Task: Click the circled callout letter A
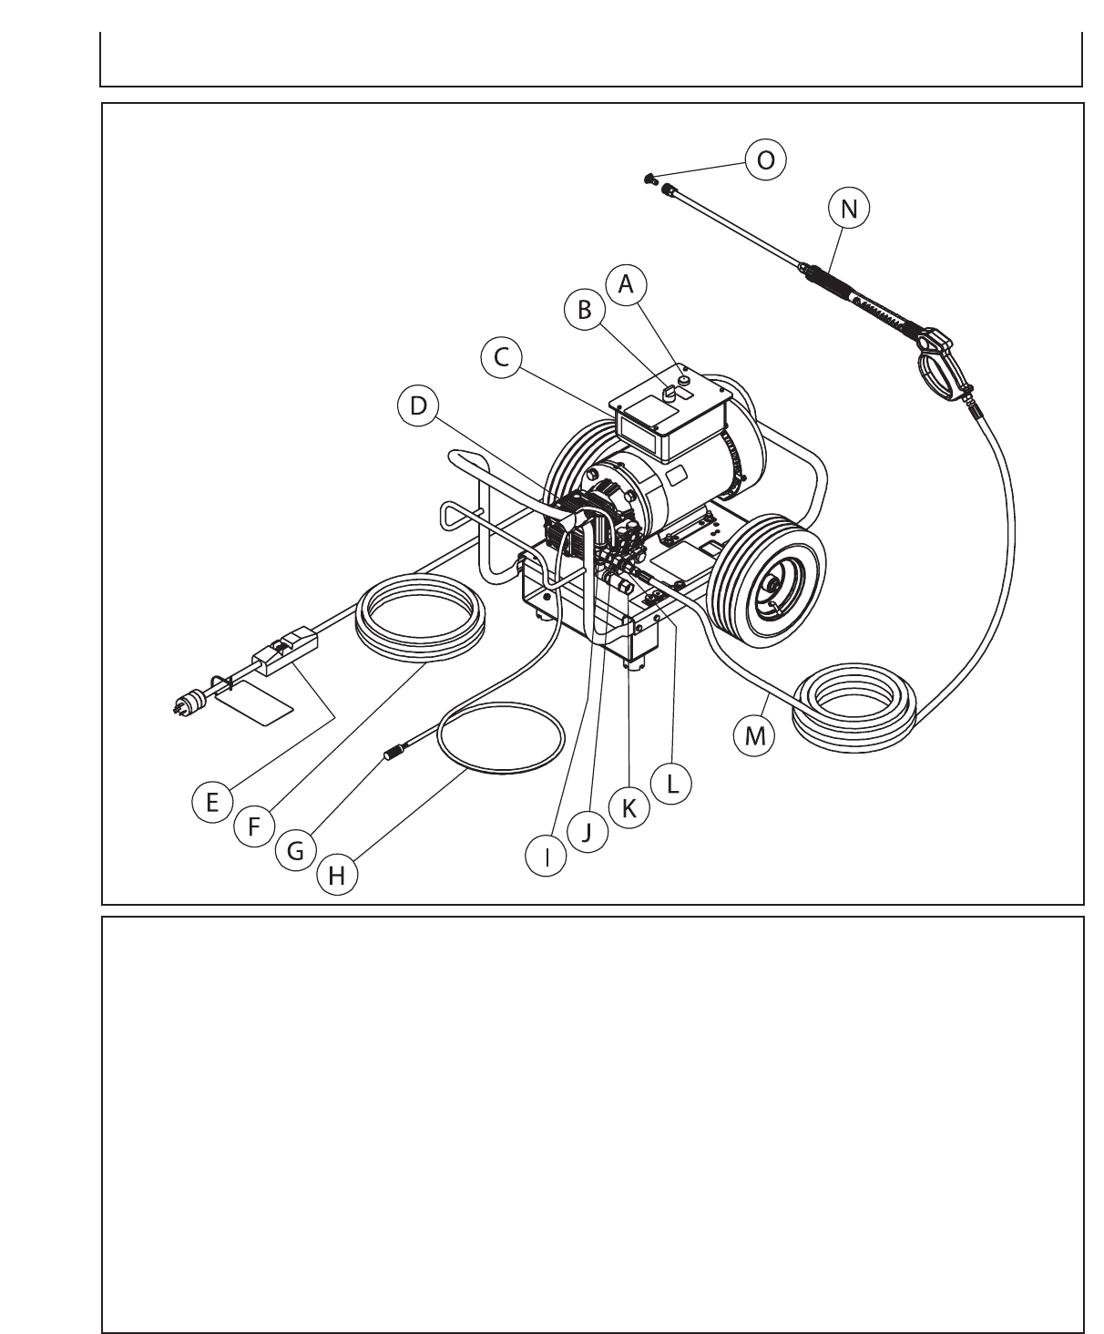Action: click(x=626, y=283)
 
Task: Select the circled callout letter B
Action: click(x=585, y=310)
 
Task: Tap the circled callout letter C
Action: click(x=501, y=357)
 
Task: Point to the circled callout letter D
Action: click(x=418, y=405)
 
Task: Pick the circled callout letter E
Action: click(x=212, y=803)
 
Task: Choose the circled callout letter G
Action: click(x=295, y=850)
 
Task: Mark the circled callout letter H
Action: click(x=337, y=877)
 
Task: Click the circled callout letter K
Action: click(x=629, y=807)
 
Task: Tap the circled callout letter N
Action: click(x=849, y=209)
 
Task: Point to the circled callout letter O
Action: click(x=766, y=159)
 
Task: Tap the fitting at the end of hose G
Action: click(x=393, y=753)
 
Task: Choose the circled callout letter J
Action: click(x=588, y=831)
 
